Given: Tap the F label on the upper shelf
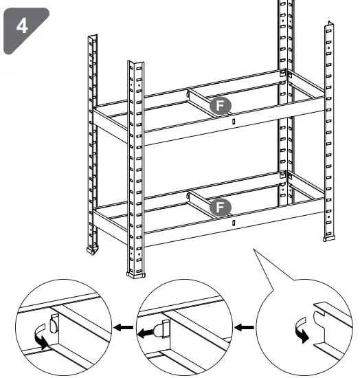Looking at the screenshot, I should tap(220, 104).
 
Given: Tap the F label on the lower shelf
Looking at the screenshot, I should tap(220, 205).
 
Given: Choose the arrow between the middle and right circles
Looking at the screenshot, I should tap(244, 328).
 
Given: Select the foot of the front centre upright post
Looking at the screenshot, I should tap(137, 274).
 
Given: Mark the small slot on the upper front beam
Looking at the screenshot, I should tap(234, 122).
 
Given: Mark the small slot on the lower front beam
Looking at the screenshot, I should tap(234, 222).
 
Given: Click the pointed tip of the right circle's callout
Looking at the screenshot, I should tap(255, 251).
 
